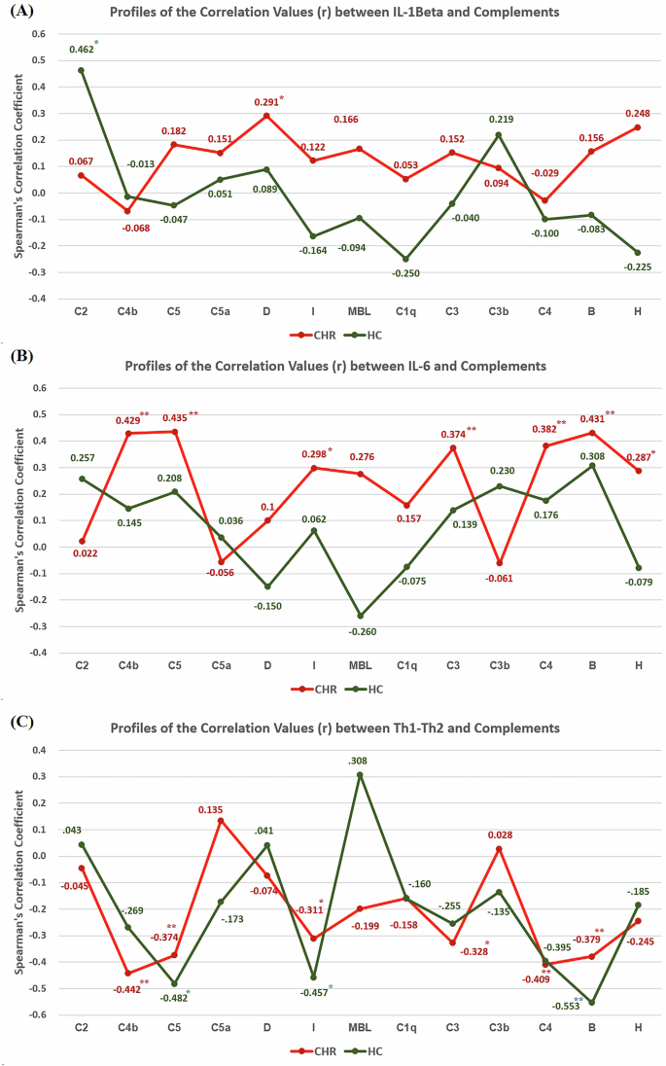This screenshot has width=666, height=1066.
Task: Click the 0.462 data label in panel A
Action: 79,48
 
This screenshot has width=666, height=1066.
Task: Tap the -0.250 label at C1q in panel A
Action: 404,274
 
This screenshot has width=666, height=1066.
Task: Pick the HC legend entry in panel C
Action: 381,1050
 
